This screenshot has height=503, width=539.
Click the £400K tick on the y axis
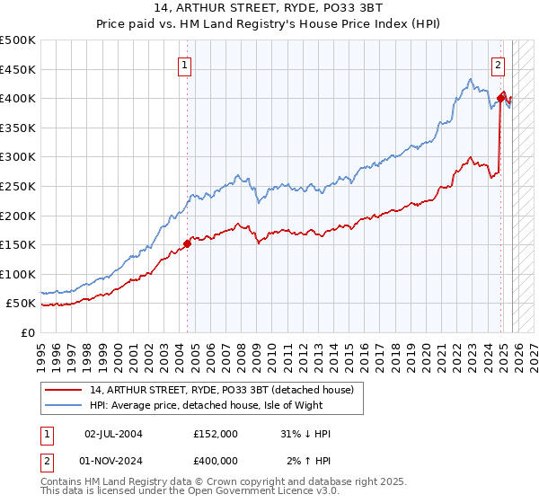click(18, 98)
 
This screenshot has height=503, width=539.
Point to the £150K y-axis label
click(18, 244)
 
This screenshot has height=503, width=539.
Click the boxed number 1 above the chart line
click(184, 65)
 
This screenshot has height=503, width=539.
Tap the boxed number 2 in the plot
click(498, 64)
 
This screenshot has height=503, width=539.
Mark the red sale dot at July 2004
click(187, 243)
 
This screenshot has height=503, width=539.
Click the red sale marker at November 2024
click(501, 97)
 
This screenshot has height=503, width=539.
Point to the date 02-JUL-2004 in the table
click(113, 434)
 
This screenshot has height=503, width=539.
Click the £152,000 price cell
click(215, 434)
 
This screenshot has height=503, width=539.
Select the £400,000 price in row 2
click(215, 460)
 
